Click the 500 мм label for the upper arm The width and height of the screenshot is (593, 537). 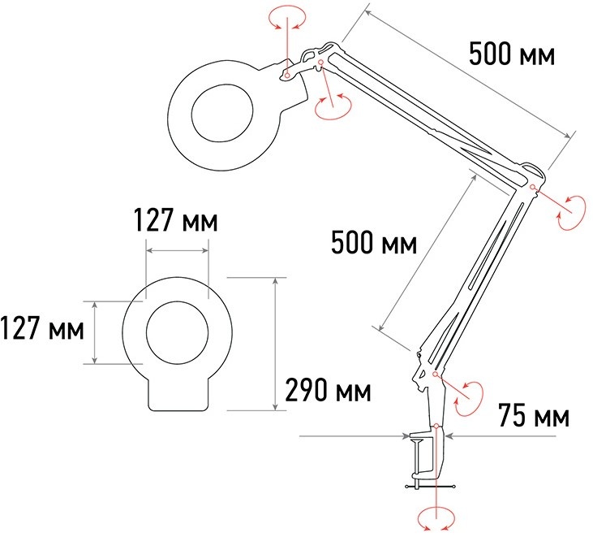[x=512, y=54]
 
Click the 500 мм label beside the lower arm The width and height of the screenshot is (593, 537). [x=374, y=242]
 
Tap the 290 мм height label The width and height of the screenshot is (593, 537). [x=328, y=390]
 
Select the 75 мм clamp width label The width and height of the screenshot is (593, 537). [x=534, y=415]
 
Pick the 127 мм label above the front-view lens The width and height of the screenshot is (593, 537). [x=176, y=219]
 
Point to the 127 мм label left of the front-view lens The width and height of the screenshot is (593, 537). [x=42, y=328]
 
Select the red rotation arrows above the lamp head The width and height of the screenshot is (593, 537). [x=287, y=17]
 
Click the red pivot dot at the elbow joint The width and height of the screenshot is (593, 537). [x=532, y=186]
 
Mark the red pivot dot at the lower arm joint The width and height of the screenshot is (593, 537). [x=435, y=375]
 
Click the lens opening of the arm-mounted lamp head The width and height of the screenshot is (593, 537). [x=222, y=113]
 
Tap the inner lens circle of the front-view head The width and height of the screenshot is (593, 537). [x=178, y=332]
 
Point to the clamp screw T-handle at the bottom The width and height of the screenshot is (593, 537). [x=430, y=487]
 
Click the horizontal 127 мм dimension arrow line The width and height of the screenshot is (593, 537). [x=178, y=250]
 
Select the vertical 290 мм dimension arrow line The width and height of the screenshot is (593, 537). [x=276, y=344]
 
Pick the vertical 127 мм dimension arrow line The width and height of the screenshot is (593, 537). [x=95, y=332]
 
